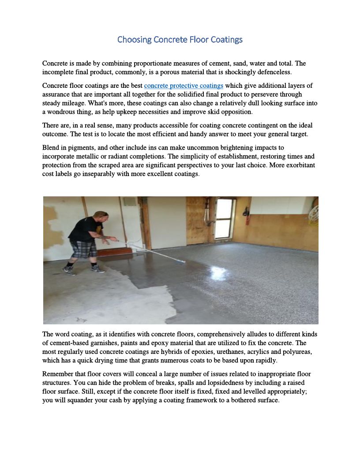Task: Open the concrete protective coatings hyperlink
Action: click(x=184, y=86)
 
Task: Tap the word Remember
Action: click(x=57, y=374)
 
